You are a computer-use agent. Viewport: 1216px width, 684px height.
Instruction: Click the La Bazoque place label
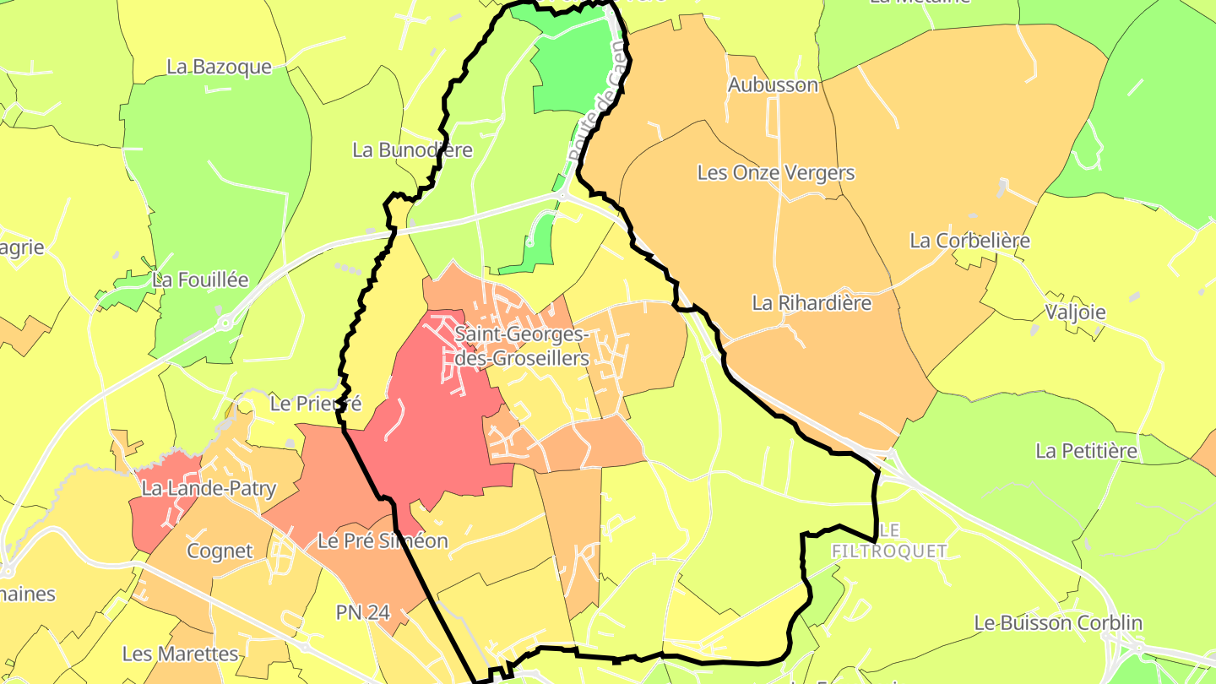click(x=219, y=67)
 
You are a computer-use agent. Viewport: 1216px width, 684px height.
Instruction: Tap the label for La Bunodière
click(x=412, y=150)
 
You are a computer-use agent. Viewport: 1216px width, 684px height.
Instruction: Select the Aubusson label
click(x=773, y=84)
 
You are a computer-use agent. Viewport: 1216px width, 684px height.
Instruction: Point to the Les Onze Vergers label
click(x=775, y=173)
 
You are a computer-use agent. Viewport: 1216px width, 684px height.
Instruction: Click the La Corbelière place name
click(x=969, y=241)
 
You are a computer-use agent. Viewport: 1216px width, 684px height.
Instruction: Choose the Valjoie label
click(x=1075, y=312)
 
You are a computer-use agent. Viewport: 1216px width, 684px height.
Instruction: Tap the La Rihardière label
click(x=812, y=302)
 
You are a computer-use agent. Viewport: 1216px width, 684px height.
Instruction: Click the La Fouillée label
click(x=200, y=280)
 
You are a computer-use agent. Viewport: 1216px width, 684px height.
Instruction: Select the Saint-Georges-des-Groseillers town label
click(x=522, y=346)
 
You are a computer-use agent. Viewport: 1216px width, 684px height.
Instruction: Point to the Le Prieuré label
click(x=315, y=404)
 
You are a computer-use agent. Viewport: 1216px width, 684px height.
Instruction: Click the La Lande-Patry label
click(x=209, y=488)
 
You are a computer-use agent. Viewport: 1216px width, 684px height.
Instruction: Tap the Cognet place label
click(x=220, y=551)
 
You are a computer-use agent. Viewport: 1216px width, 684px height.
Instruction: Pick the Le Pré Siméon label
click(x=383, y=540)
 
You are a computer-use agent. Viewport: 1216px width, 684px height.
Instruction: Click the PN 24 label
click(x=363, y=612)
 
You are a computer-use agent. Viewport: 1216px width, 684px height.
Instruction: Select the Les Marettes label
click(x=181, y=654)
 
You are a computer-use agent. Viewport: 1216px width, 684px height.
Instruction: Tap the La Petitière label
click(x=1086, y=451)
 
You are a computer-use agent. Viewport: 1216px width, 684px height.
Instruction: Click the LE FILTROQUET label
click(x=889, y=540)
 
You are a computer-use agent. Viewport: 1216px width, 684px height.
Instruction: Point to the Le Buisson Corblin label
click(x=1058, y=623)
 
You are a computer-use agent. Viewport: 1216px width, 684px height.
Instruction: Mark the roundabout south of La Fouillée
click(x=225, y=321)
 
